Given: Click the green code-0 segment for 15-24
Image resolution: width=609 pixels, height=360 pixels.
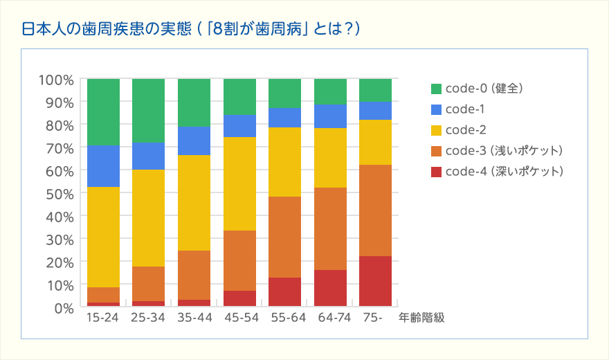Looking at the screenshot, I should point(103,111).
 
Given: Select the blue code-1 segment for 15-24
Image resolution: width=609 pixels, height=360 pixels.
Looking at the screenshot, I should point(103,165).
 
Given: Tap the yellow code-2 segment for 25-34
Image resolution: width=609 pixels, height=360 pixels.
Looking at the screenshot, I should point(148,218).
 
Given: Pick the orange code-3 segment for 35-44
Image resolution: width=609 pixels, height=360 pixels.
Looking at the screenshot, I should point(194,275).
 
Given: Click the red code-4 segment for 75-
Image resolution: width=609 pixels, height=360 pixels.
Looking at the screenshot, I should point(375,281).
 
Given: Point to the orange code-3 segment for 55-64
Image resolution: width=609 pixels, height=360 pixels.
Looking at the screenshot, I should point(284,237).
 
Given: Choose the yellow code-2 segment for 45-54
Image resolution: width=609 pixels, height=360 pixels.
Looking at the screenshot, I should point(239,183).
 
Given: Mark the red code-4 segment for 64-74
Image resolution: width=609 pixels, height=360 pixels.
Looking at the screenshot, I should point(330,288).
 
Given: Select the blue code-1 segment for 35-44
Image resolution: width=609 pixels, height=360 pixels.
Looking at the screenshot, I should point(194,141).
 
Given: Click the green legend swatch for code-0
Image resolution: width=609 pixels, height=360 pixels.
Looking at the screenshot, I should point(436,89).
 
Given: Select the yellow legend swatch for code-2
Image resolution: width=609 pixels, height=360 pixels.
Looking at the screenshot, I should point(436,130).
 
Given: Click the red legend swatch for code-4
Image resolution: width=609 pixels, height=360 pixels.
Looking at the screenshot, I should point(436,171).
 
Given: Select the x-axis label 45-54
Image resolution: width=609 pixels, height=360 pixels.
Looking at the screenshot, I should point(239,318).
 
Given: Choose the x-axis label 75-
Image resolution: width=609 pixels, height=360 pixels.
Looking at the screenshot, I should point(372,318).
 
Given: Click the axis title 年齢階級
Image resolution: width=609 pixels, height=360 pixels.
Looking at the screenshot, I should point(421,318).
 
